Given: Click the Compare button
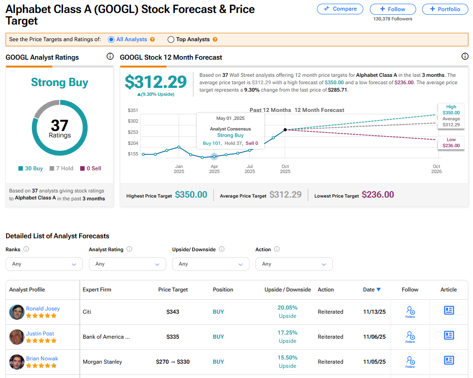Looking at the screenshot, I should tap(340, 9).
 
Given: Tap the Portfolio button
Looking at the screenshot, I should tap(445, 9).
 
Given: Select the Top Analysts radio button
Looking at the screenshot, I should tap(171, 40).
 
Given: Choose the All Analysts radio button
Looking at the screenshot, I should tap(111, 40).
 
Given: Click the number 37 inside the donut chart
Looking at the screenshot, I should tap(60, 125).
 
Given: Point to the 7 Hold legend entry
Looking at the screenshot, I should tap(62, 168).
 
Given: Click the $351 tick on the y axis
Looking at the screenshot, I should tap(133, 110).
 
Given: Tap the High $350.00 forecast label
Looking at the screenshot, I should tap(451, 110).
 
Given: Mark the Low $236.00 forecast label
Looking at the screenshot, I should tap(451, 143).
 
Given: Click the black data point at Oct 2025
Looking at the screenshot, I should tap(285, 130).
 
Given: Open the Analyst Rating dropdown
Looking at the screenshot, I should tap(127, 264).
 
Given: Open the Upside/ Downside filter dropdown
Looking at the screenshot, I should tap(211, 264).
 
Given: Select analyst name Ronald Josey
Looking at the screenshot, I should tap(43, 309).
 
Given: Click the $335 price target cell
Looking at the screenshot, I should tap(173, 337).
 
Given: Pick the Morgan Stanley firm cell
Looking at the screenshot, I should tap(102, 362).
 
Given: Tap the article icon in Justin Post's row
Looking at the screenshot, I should tap(448, 335).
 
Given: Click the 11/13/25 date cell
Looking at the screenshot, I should tap(374, 312).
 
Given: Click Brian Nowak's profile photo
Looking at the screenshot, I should tap(17, 362).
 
